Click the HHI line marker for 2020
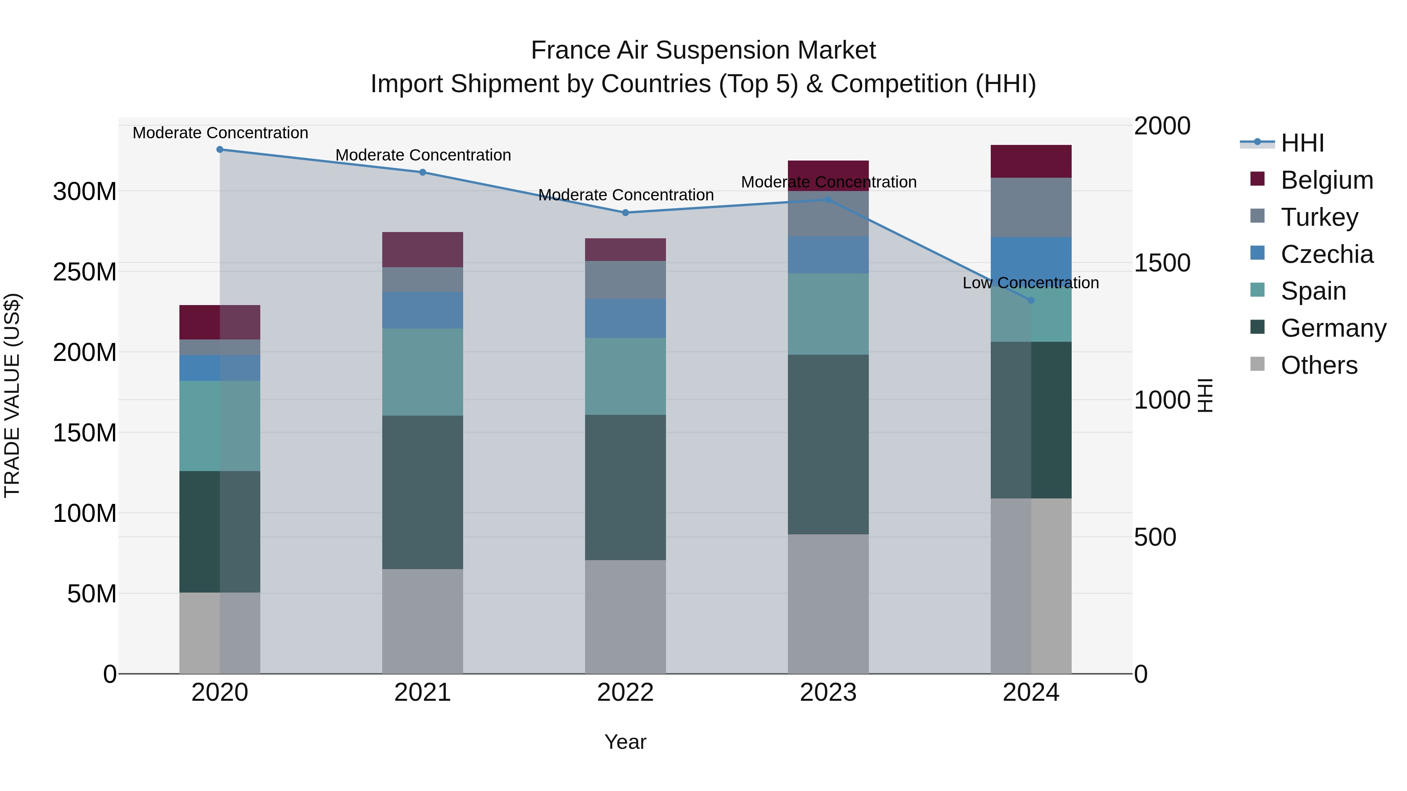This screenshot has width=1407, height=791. (220, 150)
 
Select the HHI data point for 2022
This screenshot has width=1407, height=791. (625, 212)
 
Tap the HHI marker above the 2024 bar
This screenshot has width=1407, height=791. (1031, 300)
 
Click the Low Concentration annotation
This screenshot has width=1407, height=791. (1030, 283)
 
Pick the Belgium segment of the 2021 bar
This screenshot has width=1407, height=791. (422, 250)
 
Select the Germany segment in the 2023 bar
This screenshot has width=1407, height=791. (828, 445)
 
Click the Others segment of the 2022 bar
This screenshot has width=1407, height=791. (625, 616)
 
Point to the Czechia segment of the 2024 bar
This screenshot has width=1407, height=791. (1031, 257)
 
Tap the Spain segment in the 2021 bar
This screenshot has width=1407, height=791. (422, 372)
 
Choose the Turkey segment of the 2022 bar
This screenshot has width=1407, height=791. (625, 280)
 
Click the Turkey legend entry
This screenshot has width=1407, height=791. (1319, 217)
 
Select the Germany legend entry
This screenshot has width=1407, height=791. (1333, 328)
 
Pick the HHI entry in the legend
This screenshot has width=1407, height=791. (1302, 143)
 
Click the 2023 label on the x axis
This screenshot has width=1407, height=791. (828, 693)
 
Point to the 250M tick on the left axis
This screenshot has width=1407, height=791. (85, 272)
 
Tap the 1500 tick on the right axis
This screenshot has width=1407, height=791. (1162, 262)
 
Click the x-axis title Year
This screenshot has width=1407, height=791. (625, 742)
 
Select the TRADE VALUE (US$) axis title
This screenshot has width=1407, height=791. (12, 395)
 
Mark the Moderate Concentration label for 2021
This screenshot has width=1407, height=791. (423, 155)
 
